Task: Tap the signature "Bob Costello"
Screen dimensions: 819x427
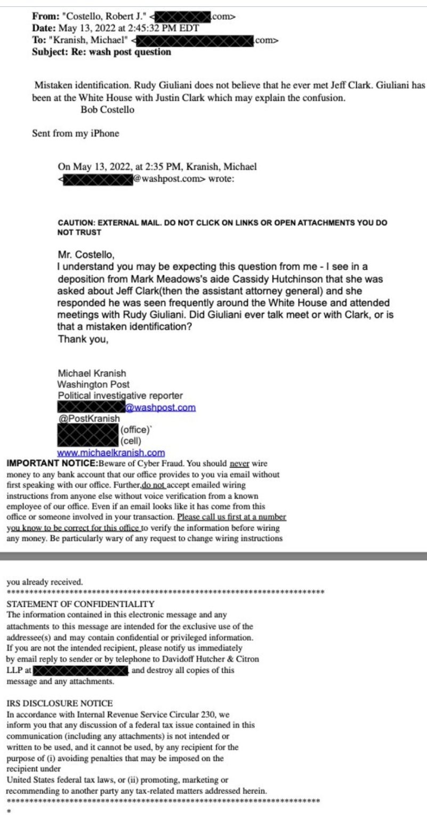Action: coord(107,110)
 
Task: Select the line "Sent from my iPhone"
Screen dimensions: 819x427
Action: coord(75,133)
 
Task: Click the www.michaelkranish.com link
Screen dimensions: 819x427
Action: coord(111,453)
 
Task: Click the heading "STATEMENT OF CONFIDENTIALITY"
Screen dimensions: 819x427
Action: coord(80,604)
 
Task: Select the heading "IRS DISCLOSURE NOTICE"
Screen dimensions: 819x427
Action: coord(59,703)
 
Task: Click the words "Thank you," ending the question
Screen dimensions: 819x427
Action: coord(83,339)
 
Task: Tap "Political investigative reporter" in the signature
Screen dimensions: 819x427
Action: coord(120,396)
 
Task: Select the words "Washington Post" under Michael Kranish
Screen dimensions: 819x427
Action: coord(93,384)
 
